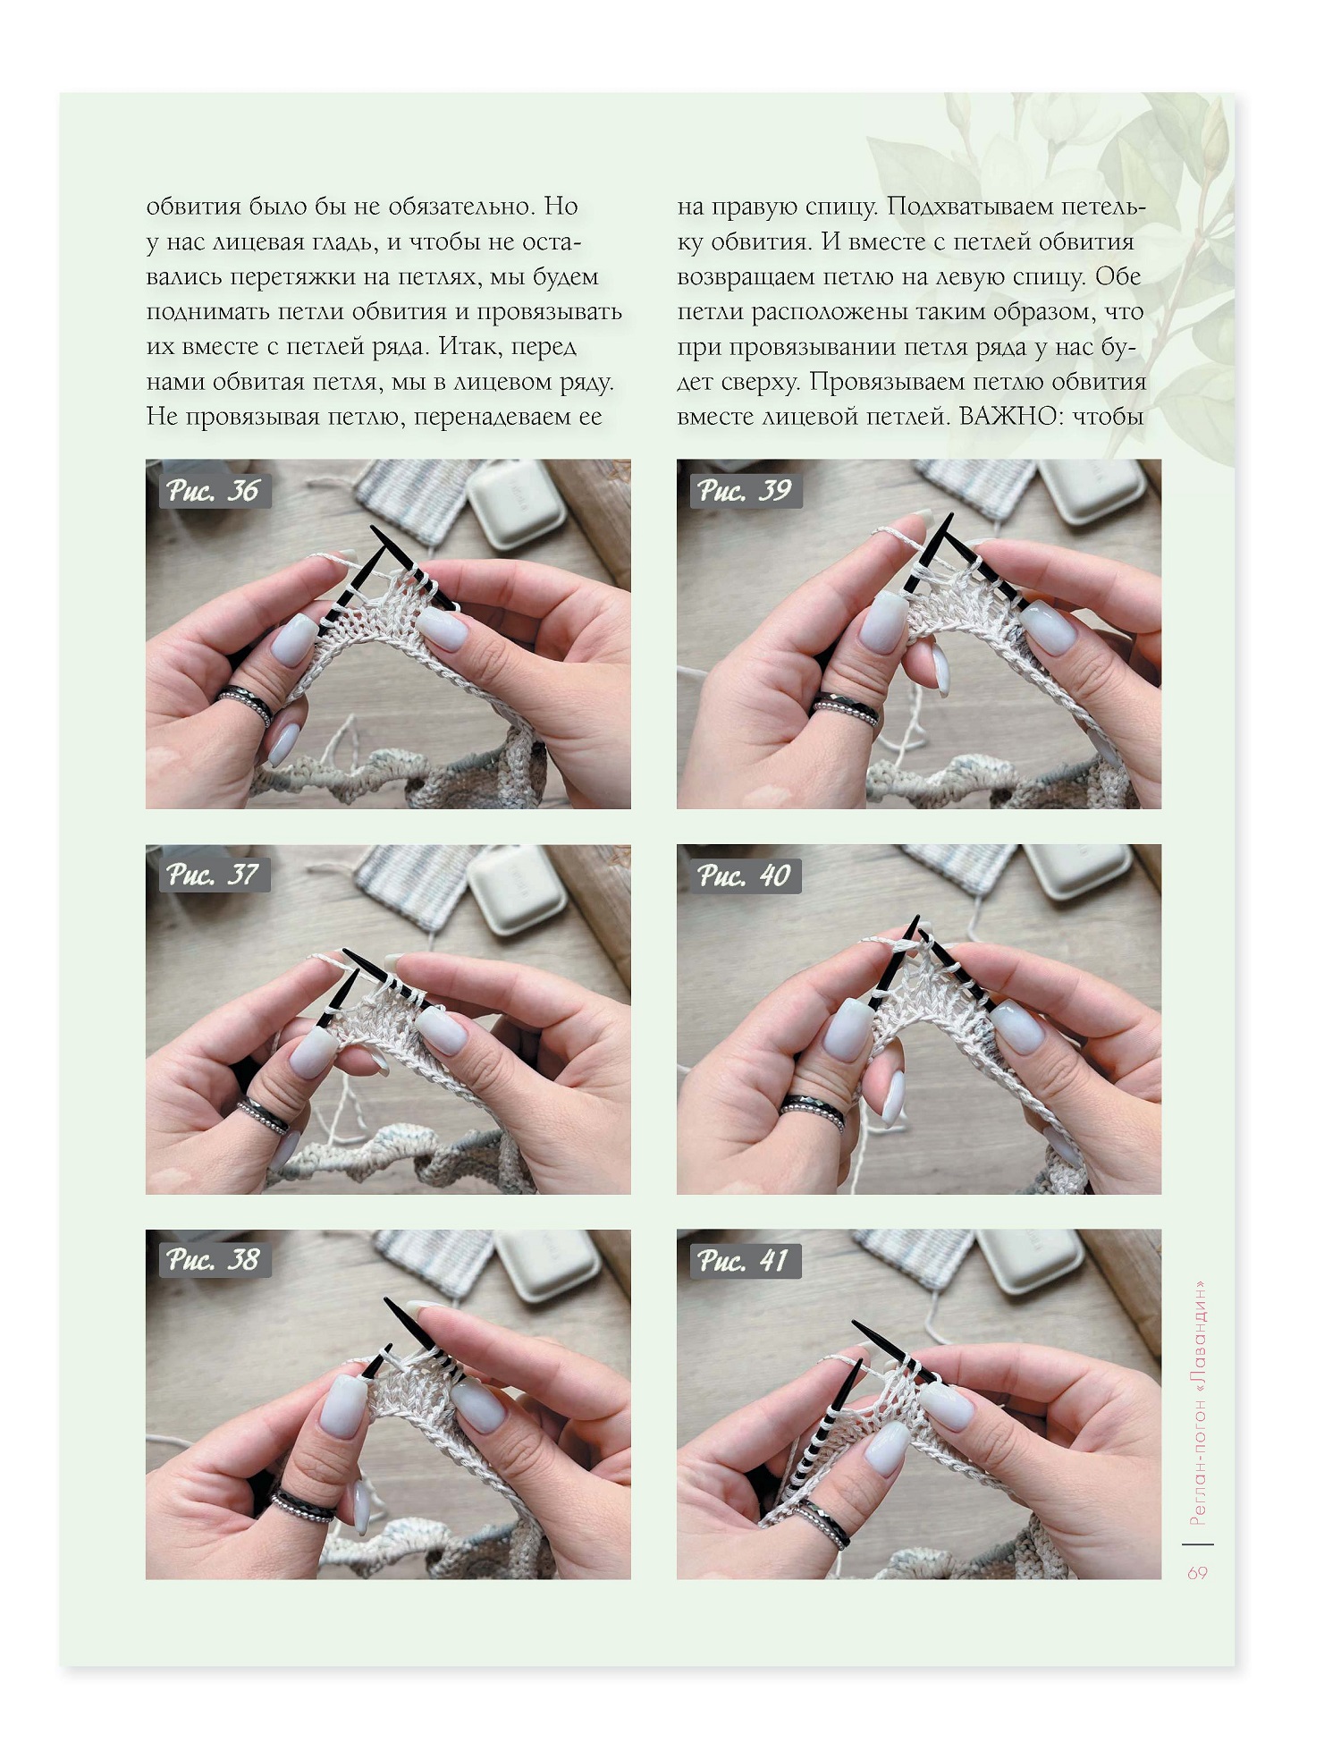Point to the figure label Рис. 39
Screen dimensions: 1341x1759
pyautogui.click(x=745, y=491)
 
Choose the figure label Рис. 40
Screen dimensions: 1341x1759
pyautogui.click(x=745, y=875)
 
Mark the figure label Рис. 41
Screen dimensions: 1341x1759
pyautogui.click(x=745, y=1261)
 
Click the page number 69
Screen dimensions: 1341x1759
pyautogui.click(x=1197, y=1573)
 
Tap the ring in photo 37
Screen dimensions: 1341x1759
pyautogui.click(x=264, y=1118)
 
